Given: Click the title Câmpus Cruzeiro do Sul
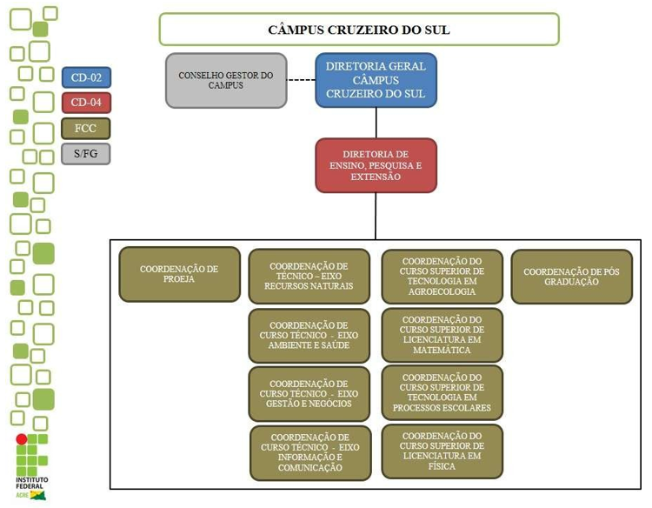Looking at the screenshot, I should pos(358,30).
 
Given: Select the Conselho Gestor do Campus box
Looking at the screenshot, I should pos(226,80).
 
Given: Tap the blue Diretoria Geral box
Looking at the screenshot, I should pos(376,80).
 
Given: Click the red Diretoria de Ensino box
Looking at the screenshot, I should pos(376,165).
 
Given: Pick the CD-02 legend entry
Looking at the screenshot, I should pos(86,77).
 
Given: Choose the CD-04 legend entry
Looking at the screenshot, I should pos(86,103).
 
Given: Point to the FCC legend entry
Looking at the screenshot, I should pos(86,129).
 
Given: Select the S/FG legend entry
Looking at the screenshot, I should pos(86,154).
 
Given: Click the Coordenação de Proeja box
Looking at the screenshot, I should pos(179,274).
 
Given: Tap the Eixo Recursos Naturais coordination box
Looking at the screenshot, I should pos(309,276).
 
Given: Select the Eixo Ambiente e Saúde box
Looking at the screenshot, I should pos(309,335).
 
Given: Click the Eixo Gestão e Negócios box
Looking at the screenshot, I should pos(309,393).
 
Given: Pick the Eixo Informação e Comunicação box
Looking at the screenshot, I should pos(310,452).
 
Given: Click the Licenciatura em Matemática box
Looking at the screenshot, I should pos(442,335).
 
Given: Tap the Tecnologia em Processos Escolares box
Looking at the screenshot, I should pos(442,393).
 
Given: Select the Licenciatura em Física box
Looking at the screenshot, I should pos(442,451).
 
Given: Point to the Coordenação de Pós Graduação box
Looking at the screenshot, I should pos(571,277).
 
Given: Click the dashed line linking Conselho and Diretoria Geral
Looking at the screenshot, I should pos(301,81).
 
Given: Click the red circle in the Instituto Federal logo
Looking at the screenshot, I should pos(23,439).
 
